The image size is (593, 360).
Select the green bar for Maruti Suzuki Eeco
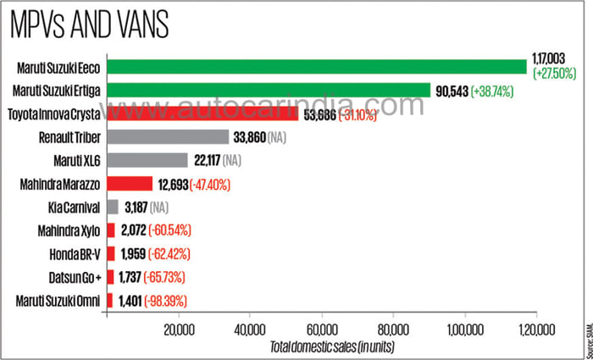tap(317, 67)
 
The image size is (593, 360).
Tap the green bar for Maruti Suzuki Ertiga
tap(269, 90)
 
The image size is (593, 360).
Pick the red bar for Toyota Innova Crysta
tap(202, 114)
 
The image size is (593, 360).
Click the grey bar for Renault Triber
tap(168, 136)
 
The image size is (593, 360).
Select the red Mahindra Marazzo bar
tap(130, 183)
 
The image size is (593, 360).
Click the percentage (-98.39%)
tap(169, 300)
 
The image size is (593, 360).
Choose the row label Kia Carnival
tap(75, 207)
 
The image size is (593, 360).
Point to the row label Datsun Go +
tap(74, 277)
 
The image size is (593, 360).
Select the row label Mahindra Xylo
tap(70, 230)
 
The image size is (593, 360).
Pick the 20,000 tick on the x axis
tap(179, 329)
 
